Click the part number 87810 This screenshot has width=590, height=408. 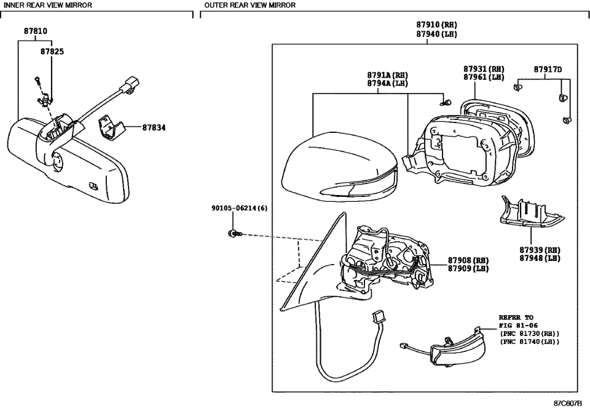[x=36, y=31]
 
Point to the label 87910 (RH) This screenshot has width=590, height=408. [x=436, y=25]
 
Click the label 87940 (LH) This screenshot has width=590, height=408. [x=436, y=34]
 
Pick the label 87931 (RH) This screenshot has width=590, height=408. [x=484, y=69]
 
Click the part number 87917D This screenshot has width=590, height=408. [x=548, y=69]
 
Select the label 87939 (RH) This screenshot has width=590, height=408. [x=540, y=250]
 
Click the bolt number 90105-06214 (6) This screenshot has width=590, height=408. [x=235, y=209]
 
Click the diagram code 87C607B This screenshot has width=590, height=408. [x=568, y=403]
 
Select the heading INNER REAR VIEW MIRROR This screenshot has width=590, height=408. [x=49, y=5]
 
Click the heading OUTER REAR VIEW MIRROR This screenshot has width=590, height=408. [x=250, y=5]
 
